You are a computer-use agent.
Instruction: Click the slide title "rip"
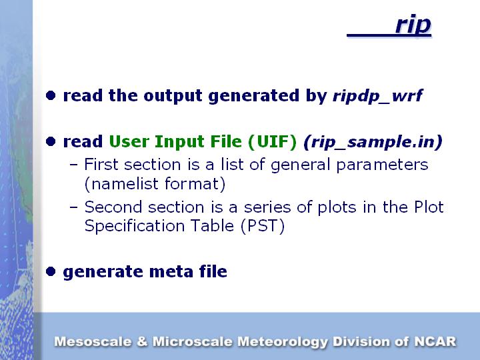[413, 25]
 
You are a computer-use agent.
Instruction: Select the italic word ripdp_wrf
[378, 96]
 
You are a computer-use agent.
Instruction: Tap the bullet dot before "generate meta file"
[51, 271]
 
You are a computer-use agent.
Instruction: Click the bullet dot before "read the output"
[51, 95]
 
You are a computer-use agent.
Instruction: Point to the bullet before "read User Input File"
[51, 141]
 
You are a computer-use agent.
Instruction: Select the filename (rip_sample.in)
[373, 142]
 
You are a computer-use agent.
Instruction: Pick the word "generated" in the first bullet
[254, 96]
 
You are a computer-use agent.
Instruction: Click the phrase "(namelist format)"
[155, 184]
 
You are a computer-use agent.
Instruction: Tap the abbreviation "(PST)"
[263, 226]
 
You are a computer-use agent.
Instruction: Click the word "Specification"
[135, 226]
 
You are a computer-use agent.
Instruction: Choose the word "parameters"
[382, 165]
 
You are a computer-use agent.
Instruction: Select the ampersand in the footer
[142, 341]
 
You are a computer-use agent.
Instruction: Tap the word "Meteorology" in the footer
[283, 342]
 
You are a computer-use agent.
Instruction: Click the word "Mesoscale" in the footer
[93, 341]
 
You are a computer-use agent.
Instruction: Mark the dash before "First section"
[73, 165]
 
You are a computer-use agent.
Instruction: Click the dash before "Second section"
[73, 207]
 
